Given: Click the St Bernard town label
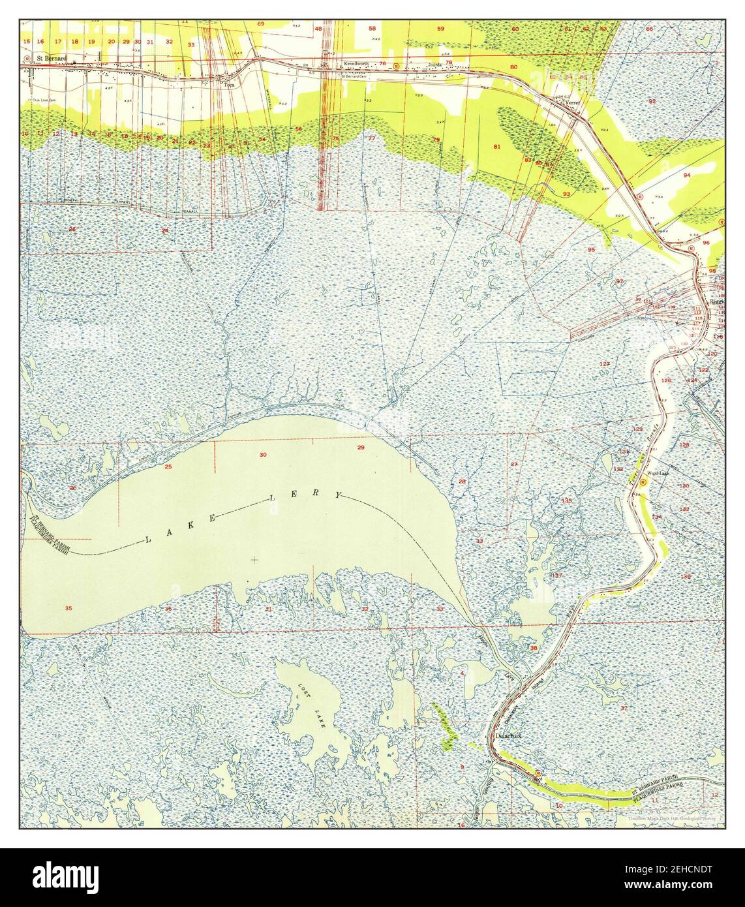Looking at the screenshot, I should coord(52,57).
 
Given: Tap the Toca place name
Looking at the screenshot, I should coord(228,85).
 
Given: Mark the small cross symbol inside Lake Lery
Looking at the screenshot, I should coord(254,559).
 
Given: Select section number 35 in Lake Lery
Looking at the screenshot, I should coord(68,608).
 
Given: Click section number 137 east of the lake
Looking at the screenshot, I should coord(557,576).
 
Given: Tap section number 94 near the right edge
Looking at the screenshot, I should coord(686,176).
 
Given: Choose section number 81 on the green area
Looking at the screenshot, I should coord(496,147).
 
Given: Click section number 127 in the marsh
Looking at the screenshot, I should coord(605,363).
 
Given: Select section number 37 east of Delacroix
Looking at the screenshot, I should coord(624,708).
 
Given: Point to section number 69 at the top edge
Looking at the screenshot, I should coord(261,23).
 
